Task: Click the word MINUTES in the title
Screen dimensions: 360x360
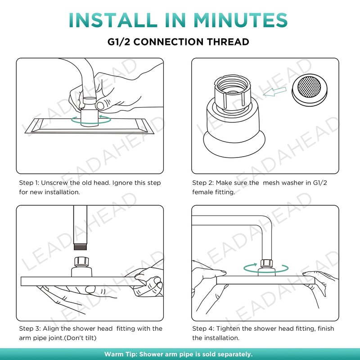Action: point(240,20)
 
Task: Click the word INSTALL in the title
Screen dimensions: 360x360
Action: point(113,20)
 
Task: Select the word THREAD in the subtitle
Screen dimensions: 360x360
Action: point(228,42)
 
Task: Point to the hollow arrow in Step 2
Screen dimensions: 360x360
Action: point(274,91)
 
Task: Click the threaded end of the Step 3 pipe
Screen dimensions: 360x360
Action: point(81,247)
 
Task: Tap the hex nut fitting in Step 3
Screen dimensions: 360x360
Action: point(81,262)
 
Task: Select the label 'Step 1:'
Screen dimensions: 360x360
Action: point(29,183)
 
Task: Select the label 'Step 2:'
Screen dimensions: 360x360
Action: point(203,183)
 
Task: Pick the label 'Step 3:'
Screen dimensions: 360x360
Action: point(30,328)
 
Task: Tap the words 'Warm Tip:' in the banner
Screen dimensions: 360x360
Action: point(120,354)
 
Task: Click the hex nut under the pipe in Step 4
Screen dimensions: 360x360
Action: point(266,263)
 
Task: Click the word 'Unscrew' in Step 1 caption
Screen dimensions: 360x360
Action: point(54,183)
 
